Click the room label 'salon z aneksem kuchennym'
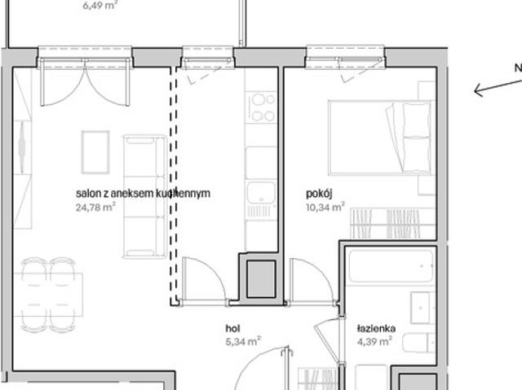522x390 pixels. (143, 194)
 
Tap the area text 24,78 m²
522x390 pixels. (95, 207)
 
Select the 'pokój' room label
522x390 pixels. (319, 194)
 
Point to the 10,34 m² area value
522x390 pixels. (325, 207)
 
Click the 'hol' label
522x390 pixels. (232, 328)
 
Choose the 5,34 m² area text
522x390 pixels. (243, 341)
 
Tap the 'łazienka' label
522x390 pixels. (376, 329)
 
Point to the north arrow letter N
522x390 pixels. (517, 68)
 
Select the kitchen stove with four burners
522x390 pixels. (263, 107)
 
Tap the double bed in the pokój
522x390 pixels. (379, 136)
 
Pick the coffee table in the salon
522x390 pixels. (95, 151)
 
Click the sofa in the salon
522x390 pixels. (144, 196)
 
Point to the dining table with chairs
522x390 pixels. (48, 293)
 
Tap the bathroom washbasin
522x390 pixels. (422, 307)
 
